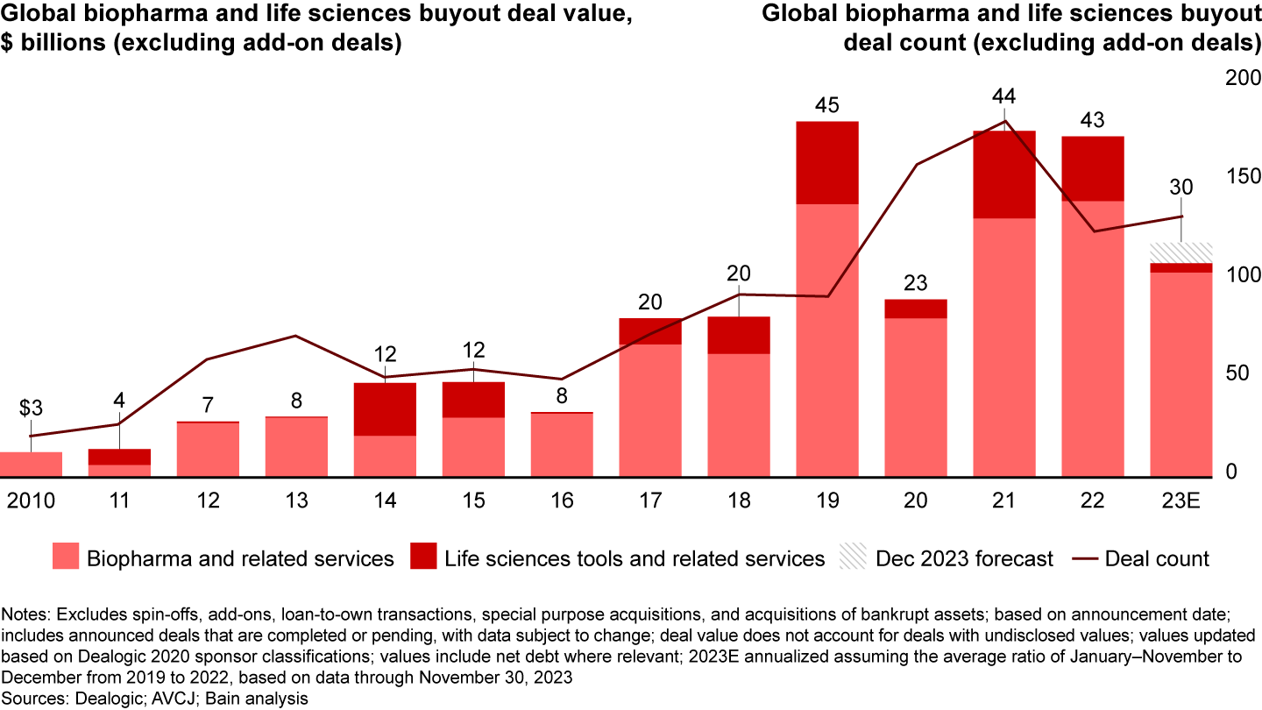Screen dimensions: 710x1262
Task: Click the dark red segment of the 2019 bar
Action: coord(827,162)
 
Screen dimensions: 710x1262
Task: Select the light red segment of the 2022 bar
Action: coord(1092,338)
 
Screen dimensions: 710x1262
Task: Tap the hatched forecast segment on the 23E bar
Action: coord(1180,252)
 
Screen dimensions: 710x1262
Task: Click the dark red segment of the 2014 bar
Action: coord(386,408)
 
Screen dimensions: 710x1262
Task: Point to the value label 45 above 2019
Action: coord(826,106)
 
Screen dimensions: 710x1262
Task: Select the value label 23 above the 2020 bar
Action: coord(915,284)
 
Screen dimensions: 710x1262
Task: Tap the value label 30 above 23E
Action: coord(1180,187)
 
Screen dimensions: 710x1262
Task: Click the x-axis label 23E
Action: coord(1180,501)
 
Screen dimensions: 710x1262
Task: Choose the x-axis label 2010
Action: coord(31,501)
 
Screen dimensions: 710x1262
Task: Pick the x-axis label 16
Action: coord(562,501)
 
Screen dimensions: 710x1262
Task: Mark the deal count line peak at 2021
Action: coord(1004,121)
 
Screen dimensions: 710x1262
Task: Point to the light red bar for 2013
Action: coord(296,447)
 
